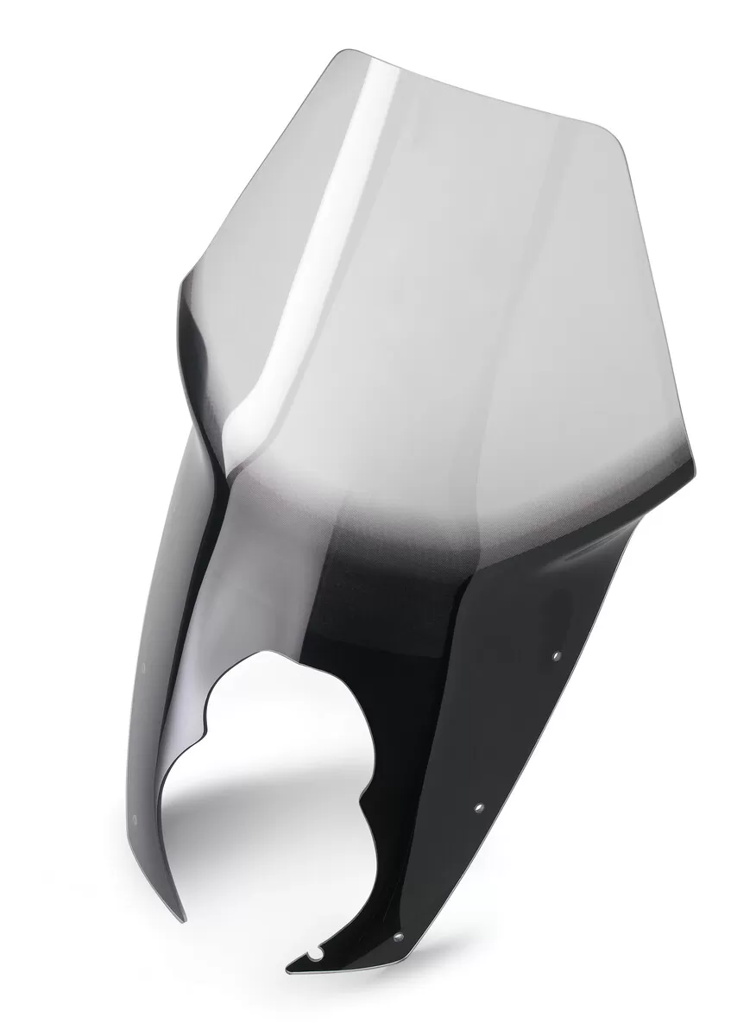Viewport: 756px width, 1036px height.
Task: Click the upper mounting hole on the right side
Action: (556, 657)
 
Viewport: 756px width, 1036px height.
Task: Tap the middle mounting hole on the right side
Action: (479, 808)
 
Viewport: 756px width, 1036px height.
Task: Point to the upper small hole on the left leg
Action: (143, 667)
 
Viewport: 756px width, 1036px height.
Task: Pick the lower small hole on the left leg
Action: (134, 818)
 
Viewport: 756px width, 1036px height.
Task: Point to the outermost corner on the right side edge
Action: (696, 471)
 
